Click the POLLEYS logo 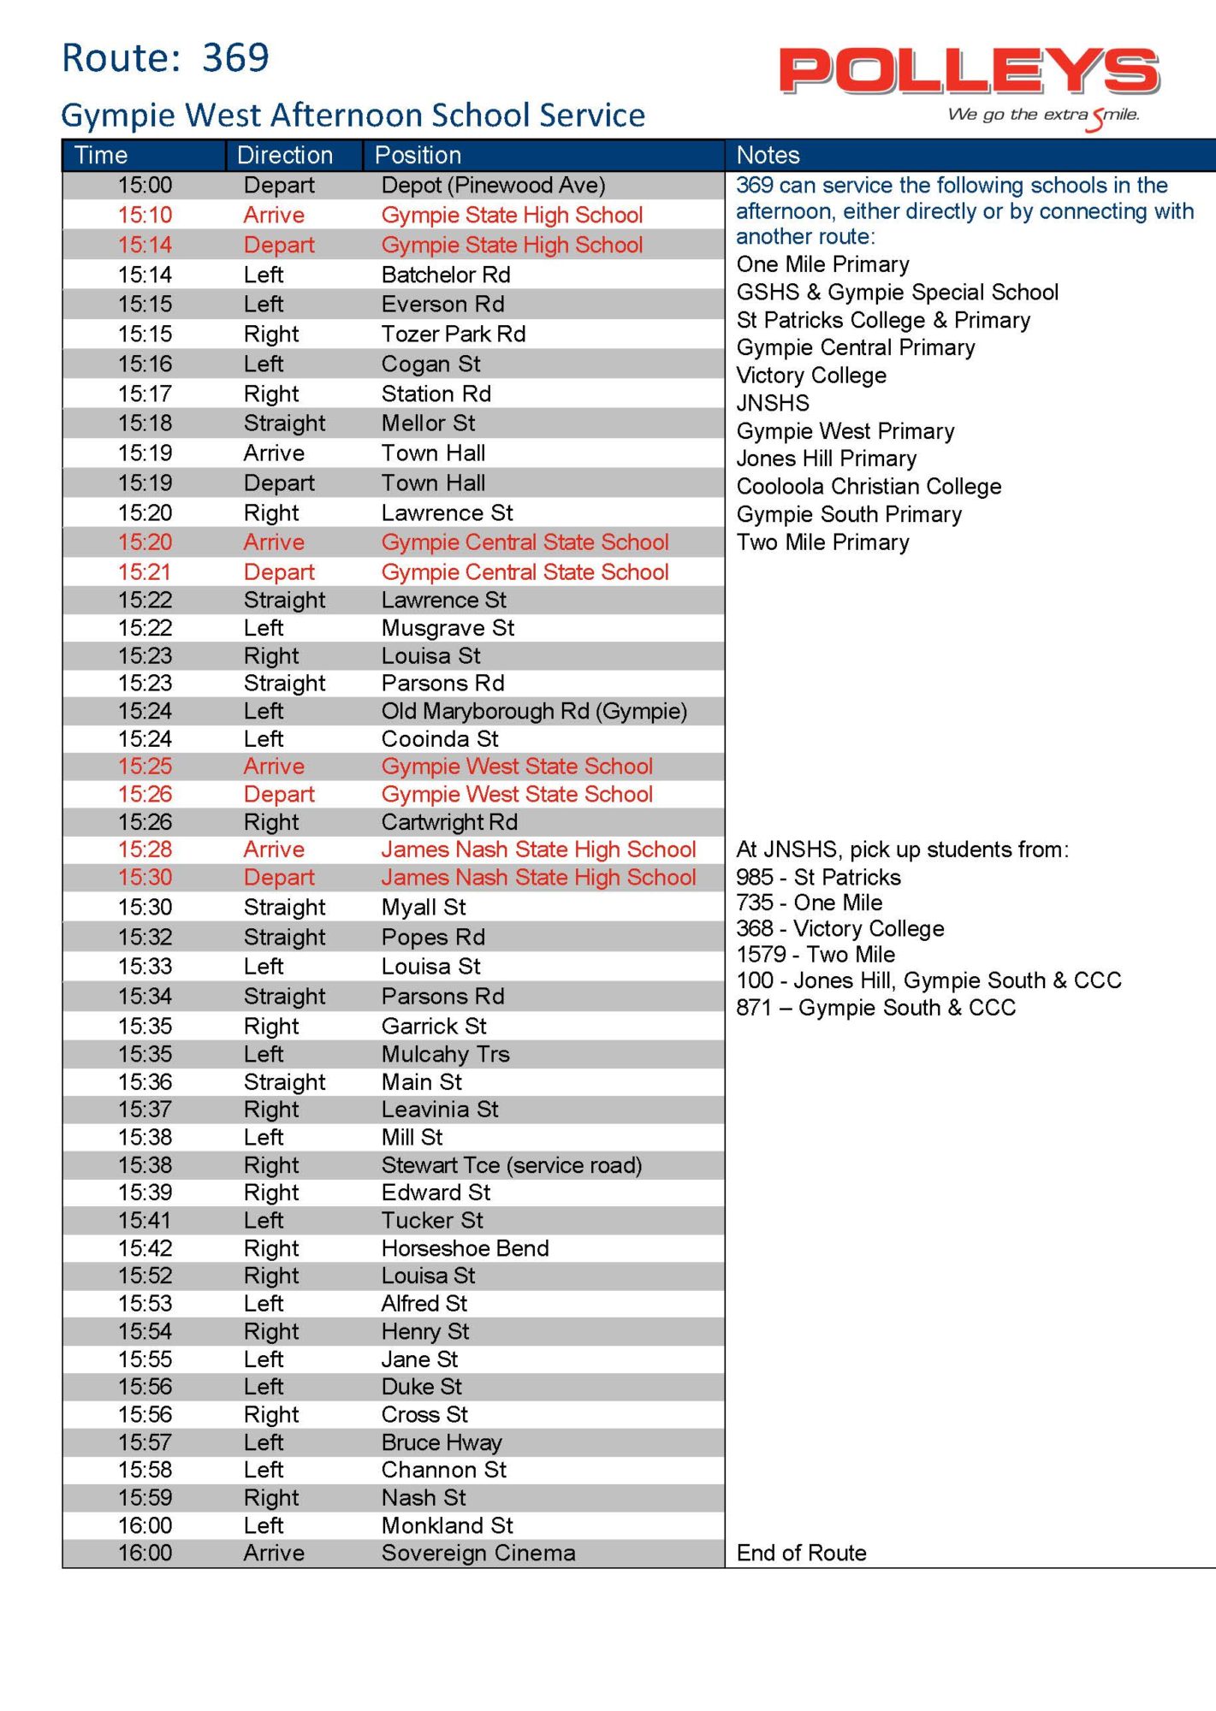coord(969,72)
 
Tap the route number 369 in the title coord(235,58)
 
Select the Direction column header coord(285,155)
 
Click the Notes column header coord(768,155)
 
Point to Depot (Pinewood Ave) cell coord(493,186)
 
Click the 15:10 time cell coord(145,216)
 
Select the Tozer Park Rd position coord(453,335)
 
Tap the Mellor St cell coord(428,423)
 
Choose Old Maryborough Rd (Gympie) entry coord(534,712)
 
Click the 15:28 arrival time coord(145,850)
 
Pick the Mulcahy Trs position coord(445,1054)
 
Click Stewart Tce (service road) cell coord(511,1165)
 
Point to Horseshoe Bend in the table coord(465,1248)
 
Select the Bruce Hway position coord(442,1442)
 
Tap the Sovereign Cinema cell coord(478,1553)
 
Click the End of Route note coord(801,1553)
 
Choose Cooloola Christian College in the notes coord(869,487)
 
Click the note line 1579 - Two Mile coord(816,955)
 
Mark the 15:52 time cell coord(145,1276)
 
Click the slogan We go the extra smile coord(1043,115)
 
